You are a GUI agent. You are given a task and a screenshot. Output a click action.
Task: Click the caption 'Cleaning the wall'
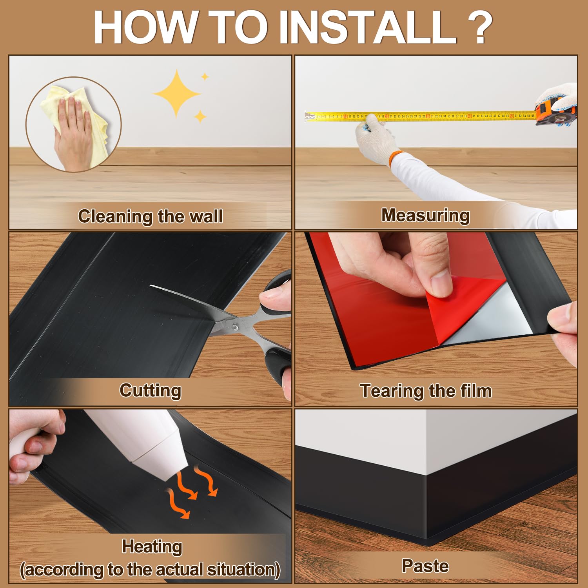[x=150, y=216]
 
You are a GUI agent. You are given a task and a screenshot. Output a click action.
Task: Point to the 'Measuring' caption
[x=425, y=215]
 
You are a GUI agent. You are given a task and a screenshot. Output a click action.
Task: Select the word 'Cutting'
[x=150, y=390]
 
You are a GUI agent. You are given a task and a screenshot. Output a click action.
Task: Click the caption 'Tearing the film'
[x=426, y=391]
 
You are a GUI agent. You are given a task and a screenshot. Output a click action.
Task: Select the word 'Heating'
[x=152, y=546]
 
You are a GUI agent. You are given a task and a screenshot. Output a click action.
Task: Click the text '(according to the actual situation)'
[x=150, y=570]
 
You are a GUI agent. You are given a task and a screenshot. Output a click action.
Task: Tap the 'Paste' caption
[x=425, y=566]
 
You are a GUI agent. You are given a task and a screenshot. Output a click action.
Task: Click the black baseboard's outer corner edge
[x=426, y=510]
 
